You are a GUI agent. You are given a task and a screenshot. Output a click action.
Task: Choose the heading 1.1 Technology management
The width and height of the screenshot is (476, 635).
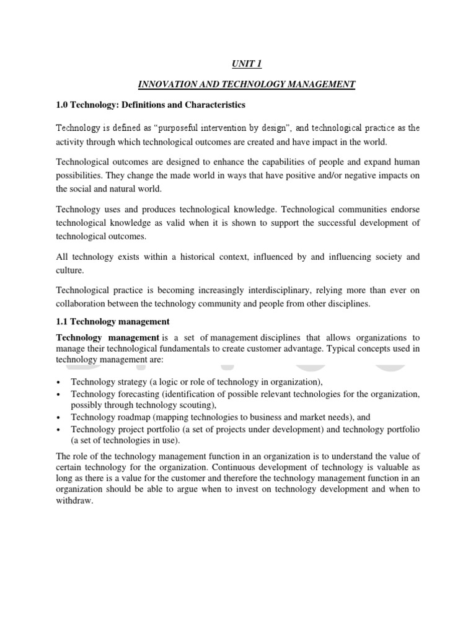tap(113, 322)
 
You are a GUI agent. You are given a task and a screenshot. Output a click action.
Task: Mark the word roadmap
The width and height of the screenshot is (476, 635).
tap(135, 417)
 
